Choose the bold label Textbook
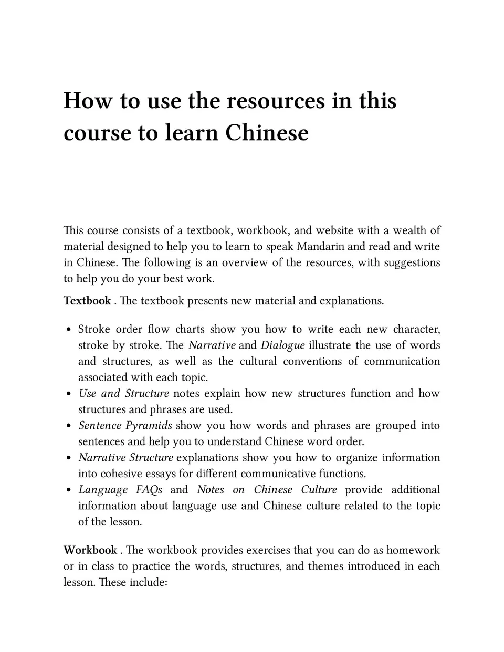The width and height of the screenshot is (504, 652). (x=87, y=301)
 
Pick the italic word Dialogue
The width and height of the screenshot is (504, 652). (x=282, y=345)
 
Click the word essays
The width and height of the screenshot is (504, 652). (x=160, y=474)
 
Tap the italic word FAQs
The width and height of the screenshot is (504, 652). (x=149, y=489)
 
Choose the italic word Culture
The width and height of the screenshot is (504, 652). (x=319, y=489)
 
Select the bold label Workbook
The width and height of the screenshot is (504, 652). (x=90, y=550)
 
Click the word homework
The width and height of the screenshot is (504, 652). (x=413, y=550)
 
